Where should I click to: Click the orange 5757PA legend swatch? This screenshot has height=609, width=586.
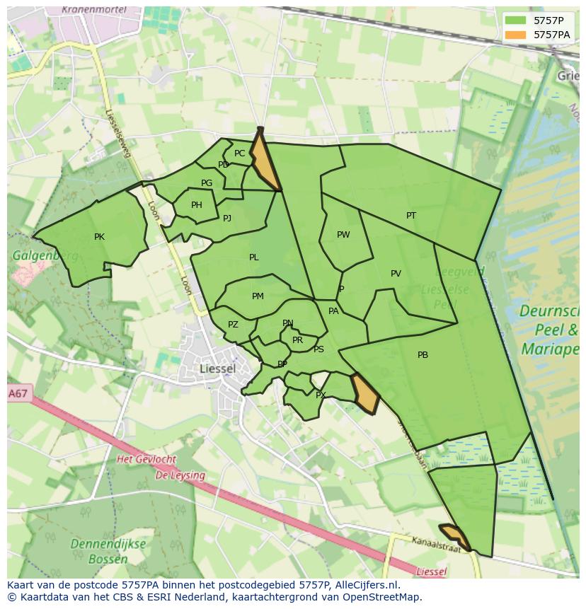point(515,35)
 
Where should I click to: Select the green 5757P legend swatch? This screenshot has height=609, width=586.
point(515,21)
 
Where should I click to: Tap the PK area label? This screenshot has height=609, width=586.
point(99,237)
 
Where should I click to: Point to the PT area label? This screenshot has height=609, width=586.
point(411,216)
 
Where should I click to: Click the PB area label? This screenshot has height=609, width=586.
point(423,355)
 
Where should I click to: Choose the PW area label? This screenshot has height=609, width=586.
point(343,235)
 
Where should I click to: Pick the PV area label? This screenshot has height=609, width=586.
point(396,274)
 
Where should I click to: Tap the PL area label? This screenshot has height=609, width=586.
point(254,257)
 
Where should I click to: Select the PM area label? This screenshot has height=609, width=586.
point(258,296)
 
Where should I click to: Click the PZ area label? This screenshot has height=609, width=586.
point(233,325)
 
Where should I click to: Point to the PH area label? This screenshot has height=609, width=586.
point(197,206)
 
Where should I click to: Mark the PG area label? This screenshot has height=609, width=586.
point(207,183)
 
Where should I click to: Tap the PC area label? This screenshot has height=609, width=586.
point(239,153)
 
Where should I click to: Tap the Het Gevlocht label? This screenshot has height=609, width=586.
point(146,460)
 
